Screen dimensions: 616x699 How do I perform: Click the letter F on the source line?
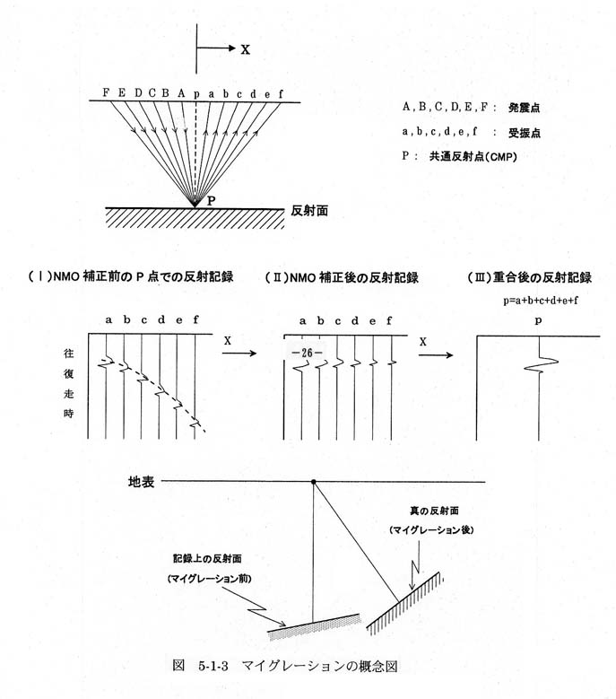(106, 92)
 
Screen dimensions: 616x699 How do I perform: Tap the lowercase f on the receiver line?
(281, 93)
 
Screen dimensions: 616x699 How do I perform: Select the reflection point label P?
(211, 201)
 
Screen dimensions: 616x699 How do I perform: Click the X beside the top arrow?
(246, 49)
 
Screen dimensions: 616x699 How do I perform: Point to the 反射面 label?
(309, 210)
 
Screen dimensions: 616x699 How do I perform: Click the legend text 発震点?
(525, 108)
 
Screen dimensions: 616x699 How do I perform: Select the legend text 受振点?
(525, 133)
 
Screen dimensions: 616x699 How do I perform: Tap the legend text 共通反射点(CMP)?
(473, 156)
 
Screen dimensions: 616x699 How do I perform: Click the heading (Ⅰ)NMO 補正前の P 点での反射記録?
(131, 276)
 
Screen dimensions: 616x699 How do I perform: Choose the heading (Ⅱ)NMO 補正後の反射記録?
(342, 278)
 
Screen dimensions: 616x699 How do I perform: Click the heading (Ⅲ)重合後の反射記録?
(530, 277)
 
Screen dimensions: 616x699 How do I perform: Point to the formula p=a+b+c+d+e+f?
(541, 300)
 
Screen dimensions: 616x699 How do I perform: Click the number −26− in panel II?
(307, 353)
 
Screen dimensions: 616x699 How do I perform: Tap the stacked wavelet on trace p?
(541, 364)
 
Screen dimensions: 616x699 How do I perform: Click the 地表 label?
(141, 482)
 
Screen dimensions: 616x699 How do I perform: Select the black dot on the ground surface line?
(314, 482)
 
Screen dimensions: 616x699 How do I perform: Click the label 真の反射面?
(434, 511)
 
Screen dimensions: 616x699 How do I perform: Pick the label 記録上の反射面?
(207, 559)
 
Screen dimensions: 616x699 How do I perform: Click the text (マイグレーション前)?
(209, 579)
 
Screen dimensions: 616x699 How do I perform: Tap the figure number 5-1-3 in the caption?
(213, 667)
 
